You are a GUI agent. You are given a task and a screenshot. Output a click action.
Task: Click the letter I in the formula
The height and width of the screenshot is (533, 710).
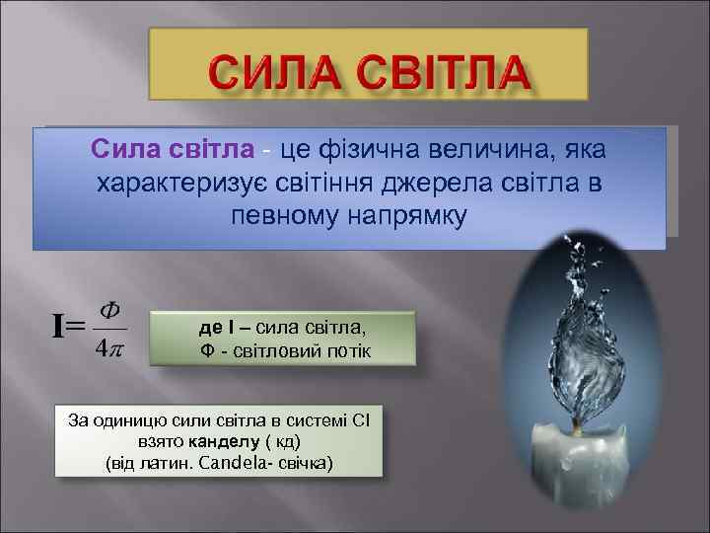(59, 325)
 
